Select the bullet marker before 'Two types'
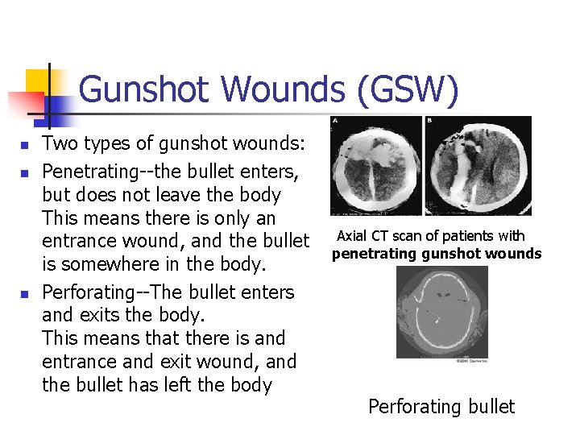point(25,145)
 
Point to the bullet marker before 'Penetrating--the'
point(25,172)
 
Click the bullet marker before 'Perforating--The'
point(25,293)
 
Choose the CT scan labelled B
point(478,166)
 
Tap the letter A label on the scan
point(335,121)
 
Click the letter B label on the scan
point(429,121)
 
